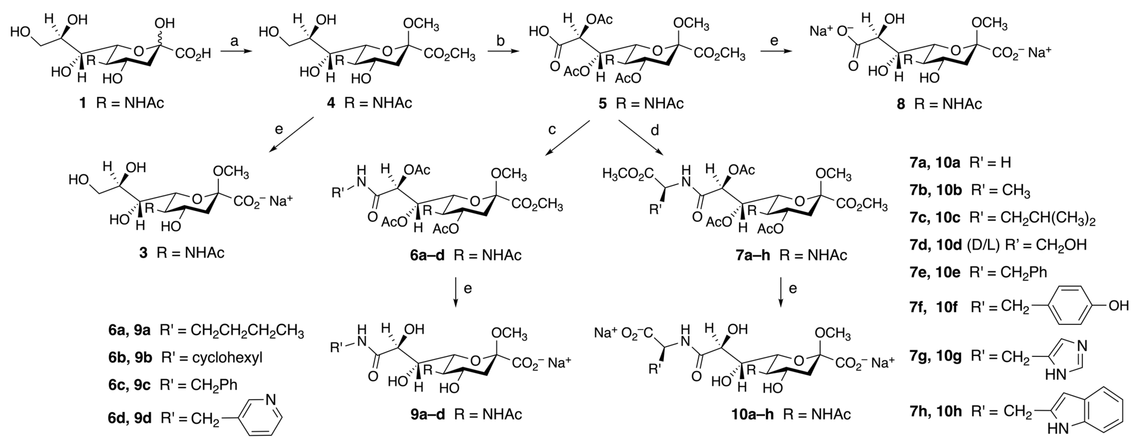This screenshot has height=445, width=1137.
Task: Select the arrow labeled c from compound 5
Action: pyautogui.click(x=568, y=138)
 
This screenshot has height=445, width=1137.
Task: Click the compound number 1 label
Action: pyautogui.click(x=82, y=103)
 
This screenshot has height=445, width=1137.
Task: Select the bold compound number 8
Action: pyautogui.click(x=900, y=104)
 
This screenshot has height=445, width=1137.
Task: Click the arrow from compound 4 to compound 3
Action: pyautogui.click(x=291, y=136)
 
